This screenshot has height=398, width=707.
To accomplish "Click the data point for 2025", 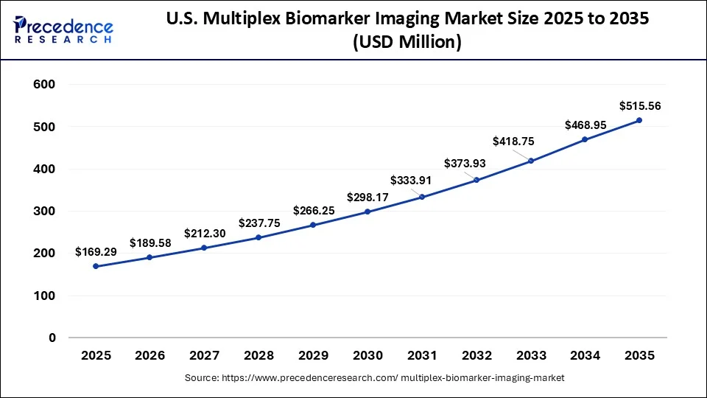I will pos(96,266).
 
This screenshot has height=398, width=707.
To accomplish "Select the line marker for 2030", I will pos(367,212).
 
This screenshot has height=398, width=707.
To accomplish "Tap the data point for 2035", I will pos(639,120).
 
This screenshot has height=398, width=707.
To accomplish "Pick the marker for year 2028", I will pos(258,237).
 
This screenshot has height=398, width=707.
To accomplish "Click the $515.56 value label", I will pos(639,105).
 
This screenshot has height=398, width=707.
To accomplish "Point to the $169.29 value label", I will pos(96,252).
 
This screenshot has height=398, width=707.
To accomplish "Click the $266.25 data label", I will pos(314,210).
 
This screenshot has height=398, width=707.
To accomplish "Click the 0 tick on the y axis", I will pos(52,338).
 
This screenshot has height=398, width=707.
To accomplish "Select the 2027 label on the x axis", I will pos(204,355).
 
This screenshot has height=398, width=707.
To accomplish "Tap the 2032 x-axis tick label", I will pos(476,355).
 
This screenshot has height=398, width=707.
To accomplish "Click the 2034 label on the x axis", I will pos(585,355).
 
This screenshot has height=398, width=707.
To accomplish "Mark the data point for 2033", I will pos(530,161).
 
